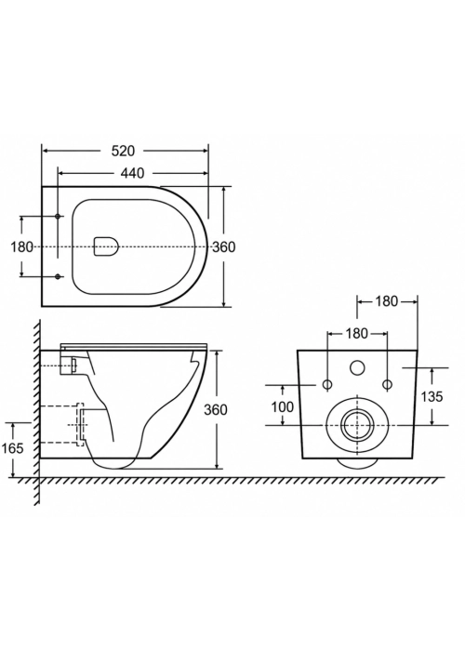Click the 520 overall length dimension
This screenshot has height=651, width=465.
tap(124, 151)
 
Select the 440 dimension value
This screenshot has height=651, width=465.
tap(133, 173)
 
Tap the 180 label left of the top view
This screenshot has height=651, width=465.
tap(21, 247)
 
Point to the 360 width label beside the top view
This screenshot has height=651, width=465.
tap(224, 247)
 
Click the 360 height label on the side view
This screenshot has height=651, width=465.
tap(216, 410)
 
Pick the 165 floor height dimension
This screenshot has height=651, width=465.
tap(13, 448)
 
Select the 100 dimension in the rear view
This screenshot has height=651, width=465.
tap(283, 407)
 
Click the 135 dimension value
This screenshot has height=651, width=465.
tap(432, 397)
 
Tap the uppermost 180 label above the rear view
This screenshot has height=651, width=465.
tap(387, 301)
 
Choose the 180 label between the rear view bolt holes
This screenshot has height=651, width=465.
tap(357, 333)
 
